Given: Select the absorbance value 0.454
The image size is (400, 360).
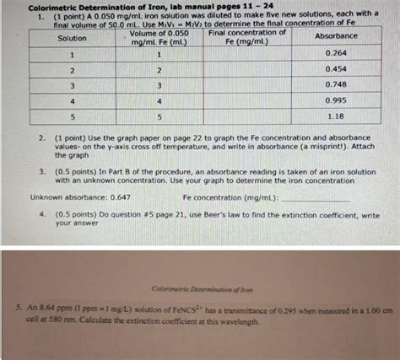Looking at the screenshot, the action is click(x=338, y=69).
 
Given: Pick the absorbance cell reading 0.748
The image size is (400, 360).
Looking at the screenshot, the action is click(x=338, y=84).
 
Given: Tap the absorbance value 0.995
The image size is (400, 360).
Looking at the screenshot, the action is click(x=338, y=99).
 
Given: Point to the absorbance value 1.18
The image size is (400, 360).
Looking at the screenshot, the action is click(x=337, y=116).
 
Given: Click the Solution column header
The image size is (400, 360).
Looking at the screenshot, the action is click(x=73, y=38).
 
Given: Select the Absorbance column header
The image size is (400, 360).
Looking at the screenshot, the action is click(x=336, y=36).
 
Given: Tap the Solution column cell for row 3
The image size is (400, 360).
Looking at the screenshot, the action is click(x=73, y=85).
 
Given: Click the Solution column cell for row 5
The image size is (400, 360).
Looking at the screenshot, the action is click(x=73, y=116).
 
